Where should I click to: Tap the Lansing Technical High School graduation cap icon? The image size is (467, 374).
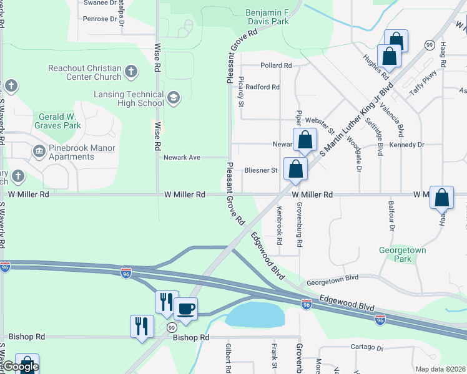tap(173, 97)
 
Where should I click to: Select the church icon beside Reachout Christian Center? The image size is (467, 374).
tap(131, 71)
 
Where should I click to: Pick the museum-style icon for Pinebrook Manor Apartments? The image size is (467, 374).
tap(39, 151)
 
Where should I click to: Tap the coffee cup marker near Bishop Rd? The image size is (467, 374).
tap(185, 308)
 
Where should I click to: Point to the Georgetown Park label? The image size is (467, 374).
tap(403, 254)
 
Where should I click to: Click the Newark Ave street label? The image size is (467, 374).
tap(182, 158)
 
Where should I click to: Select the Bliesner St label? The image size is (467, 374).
tap(260, 170)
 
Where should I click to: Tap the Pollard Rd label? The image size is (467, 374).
tap(276, 65)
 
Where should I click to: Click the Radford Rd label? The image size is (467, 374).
tap(262, 87)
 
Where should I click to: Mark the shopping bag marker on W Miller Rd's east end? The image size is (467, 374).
tap(441, 199)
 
